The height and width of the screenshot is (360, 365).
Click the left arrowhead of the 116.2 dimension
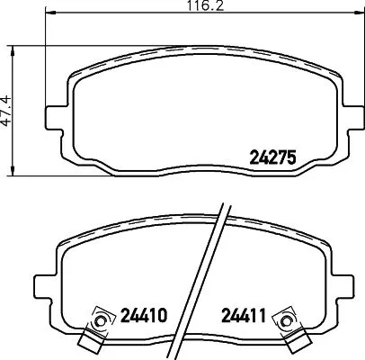coord(49,16)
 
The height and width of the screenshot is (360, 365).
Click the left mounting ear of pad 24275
coord(55,117)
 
